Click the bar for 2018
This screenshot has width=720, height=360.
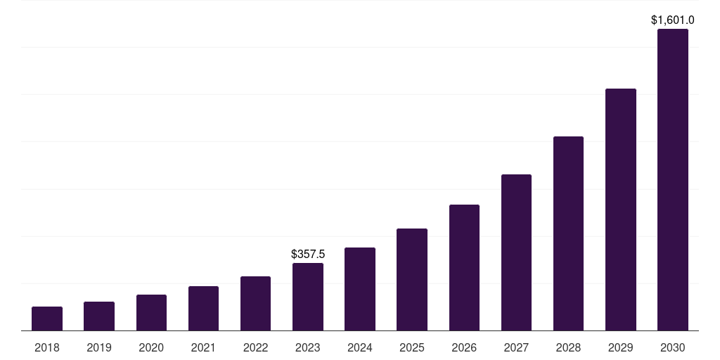(x=47, y=319)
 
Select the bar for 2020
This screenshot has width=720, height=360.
(x=151, y=313)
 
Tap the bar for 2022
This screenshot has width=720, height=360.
(x=255, y=304)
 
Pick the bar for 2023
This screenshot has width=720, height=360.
(x=308, y=297)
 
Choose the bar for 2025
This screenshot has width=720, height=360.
(x=412, y=280)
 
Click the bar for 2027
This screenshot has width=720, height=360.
(x=516, y=252)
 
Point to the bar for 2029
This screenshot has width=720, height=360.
(x=620, y=210)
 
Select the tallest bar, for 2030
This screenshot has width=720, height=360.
(x=673, y=180)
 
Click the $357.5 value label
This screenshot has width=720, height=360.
(x=308, y=254)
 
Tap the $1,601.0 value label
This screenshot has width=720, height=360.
(x=673, y=20)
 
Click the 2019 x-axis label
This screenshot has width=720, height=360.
(x=99, y=347)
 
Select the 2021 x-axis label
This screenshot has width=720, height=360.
(x=203, y=347)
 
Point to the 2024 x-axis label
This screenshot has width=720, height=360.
(x=360, y=347)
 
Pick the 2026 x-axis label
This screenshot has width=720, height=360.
(x=464, y=347)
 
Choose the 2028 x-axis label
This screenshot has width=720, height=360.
(x=568, y=347)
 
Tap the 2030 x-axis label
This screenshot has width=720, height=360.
(x=673, y=347)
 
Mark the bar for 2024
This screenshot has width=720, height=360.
(x=360, y=289)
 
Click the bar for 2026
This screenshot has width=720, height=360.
(x=464, y=268)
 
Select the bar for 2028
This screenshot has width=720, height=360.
(x=568, y=233)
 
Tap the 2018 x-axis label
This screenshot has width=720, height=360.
(x=47, y=347)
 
